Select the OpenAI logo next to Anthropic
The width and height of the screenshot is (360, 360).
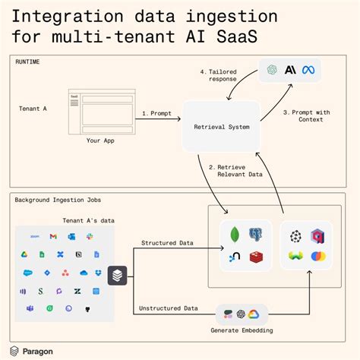click(x=273, y=71)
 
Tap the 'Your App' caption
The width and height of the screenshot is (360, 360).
click(x=100, y=141)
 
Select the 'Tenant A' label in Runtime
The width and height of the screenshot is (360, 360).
click(x=33, y=109)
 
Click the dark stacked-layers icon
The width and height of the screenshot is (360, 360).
click(x=117, y=275)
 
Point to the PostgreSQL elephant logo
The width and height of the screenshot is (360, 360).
click(x=255, y=235)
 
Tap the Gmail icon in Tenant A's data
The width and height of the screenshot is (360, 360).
click(x=53, y=237)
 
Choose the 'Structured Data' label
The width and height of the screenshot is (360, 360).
click(x=167, y=243)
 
